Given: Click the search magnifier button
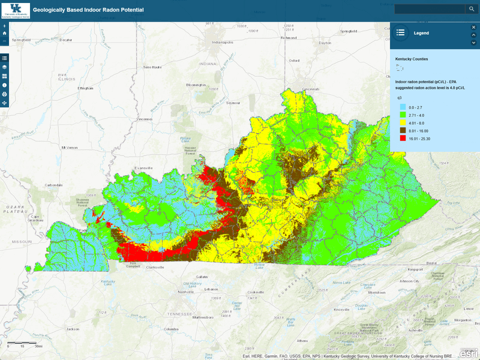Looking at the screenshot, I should [472, 9].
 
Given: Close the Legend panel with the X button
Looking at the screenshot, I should [473, 27].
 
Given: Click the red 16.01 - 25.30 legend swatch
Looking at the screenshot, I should [403, 138].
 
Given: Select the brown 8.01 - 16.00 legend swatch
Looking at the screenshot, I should [403, 130].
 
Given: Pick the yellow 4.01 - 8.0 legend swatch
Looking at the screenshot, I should [403, 122].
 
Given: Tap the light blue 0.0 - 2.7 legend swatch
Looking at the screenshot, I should [403, 106].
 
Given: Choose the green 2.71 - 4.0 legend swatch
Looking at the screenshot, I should [403, 114].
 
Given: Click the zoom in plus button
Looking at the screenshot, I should [5, 26].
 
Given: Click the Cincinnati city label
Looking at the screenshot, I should [311, 89].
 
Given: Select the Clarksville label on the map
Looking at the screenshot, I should [151, 268].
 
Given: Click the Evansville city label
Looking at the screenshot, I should [145, 167].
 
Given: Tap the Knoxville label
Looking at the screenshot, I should [341, 309].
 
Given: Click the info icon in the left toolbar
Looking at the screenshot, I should [5, 85].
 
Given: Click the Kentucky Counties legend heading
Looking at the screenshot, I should [411, 59].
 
